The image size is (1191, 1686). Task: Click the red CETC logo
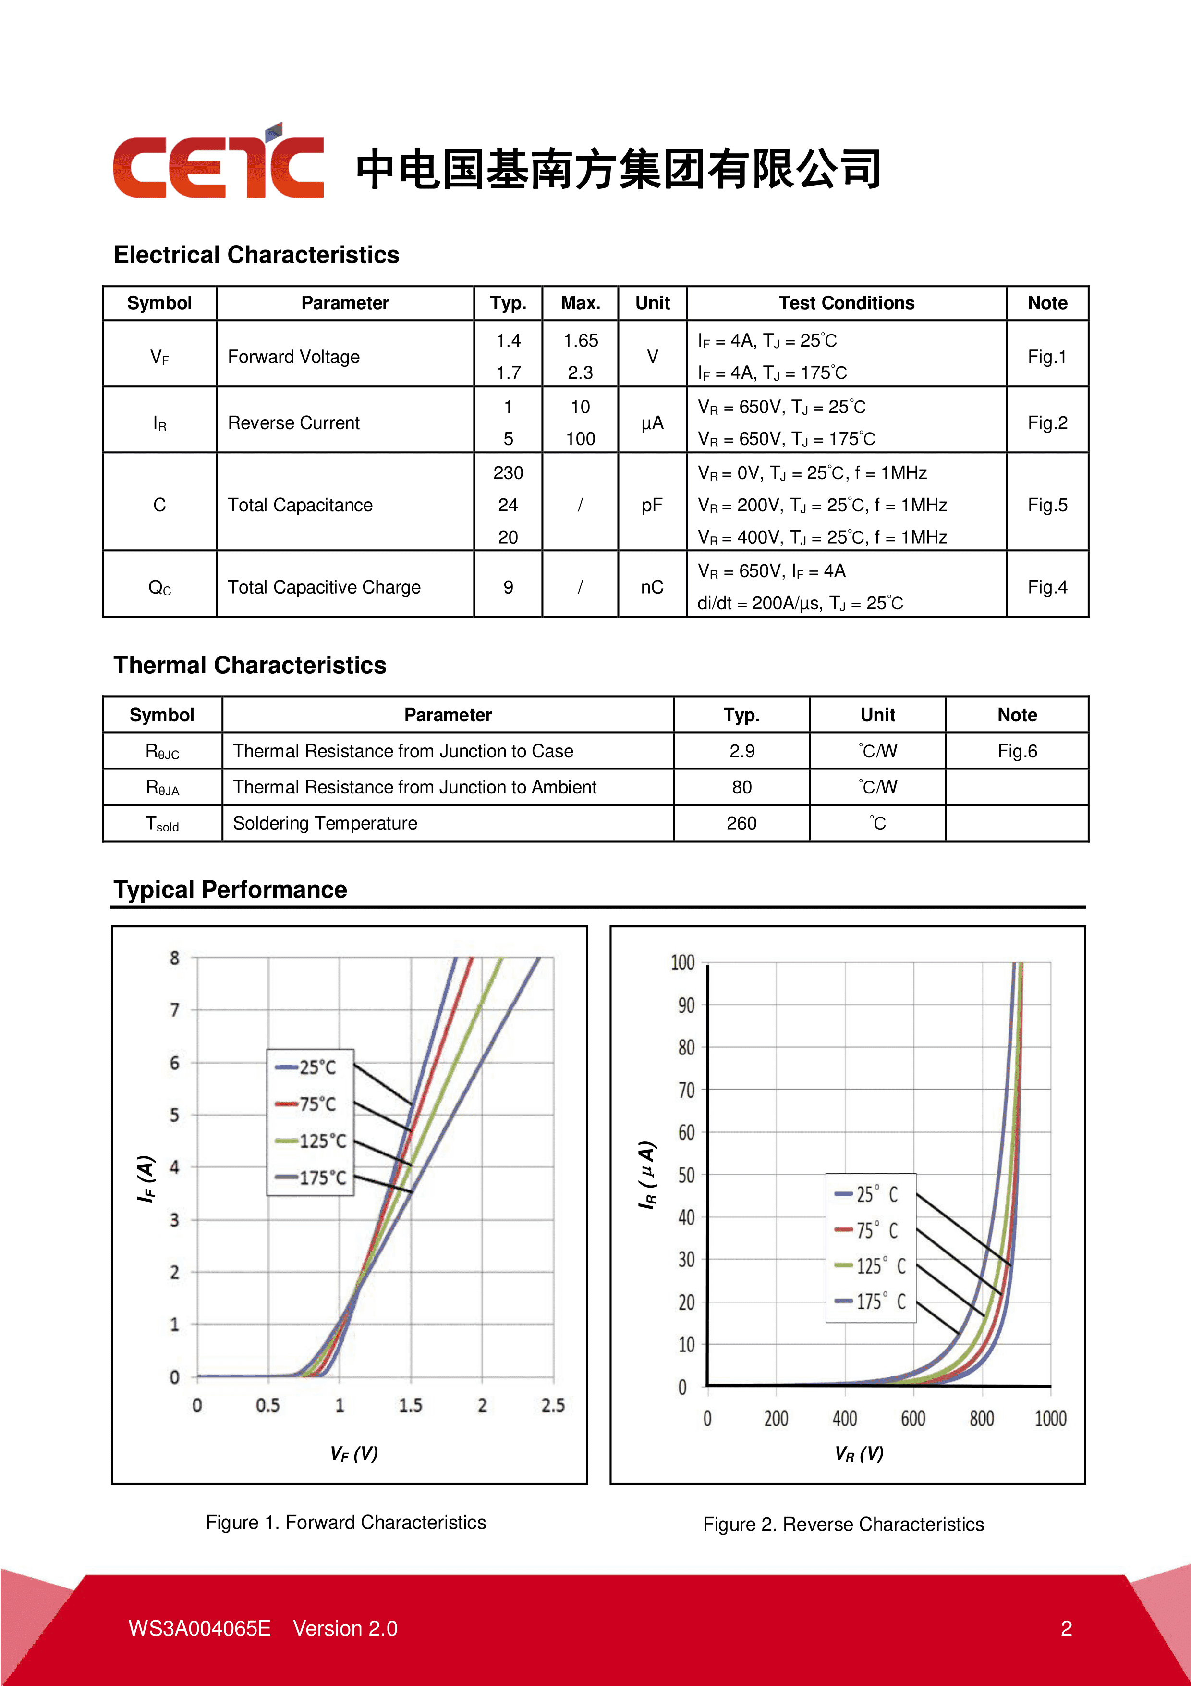[x=218, y=162]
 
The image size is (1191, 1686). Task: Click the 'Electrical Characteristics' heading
[x=256, y=255]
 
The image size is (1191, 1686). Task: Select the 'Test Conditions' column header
[x=846, y=303]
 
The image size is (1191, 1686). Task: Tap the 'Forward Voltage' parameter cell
[x=293, y=357]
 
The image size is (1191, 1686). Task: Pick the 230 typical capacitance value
[x=508, y=473]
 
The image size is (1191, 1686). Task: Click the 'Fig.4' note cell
[x=1046, y=587]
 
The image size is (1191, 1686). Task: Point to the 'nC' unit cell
[x=652, y=587]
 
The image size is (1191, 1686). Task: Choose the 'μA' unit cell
[x=652, y=423]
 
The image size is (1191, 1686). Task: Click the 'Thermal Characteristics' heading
[x=250, y=665]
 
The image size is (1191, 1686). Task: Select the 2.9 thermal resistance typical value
[x=741, y=751]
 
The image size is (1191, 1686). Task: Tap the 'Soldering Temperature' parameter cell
[x=325, y=823]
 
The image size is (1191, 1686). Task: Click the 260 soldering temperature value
[x=741, y=823]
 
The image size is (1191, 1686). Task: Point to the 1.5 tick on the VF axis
[x=410, y=1405]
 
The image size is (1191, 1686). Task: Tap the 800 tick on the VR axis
[x=981, y=1419]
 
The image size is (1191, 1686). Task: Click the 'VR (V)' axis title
[x=859, y=1454]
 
